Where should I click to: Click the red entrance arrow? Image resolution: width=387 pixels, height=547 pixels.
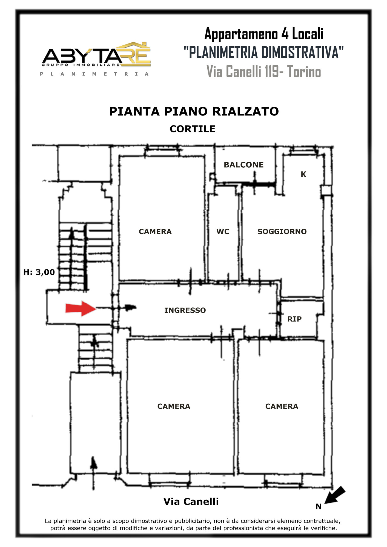pyautogui.click(x=81, y=309)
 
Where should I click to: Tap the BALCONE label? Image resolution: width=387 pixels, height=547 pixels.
pyautogui.click(x=243, y=165)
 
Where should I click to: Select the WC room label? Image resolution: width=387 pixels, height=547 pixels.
pyautogui.click(x=223, y=232)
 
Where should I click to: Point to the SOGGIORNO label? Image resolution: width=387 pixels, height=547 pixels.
pyautogui.click(x=282, y=232)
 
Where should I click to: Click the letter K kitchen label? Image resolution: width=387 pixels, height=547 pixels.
pyautogui.click(x=303, y=174)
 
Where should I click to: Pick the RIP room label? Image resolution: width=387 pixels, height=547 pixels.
pyautogui.click(x=294, y=319)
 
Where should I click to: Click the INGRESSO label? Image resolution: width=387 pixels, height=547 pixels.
pyautogui.click(x=185, y=310)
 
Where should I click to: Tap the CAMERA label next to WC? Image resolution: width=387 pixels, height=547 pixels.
pyautogui.click(x=155, y=232)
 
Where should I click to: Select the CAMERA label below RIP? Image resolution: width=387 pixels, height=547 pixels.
pyautogui.click(x=282, y=406)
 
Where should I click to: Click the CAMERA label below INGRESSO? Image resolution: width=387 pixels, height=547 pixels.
pyautogui.click(x=174, y=406)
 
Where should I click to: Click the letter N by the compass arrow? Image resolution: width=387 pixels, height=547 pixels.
pyautogui.click(x=318, y=507)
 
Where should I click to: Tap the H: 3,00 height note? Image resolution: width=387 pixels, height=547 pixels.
pyautogui.click(x=39, y=272)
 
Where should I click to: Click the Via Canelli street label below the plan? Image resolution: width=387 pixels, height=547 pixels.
pyautogui.click(x=191, y=502)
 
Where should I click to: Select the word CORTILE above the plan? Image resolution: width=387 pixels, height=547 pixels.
pyautogui.click(x=193, y=129)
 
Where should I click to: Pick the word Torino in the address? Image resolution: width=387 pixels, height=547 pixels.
pyautogui.click(x=304, y=72)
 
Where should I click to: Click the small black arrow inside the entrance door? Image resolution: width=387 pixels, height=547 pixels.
pyautogui.click(x=130, y=308)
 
